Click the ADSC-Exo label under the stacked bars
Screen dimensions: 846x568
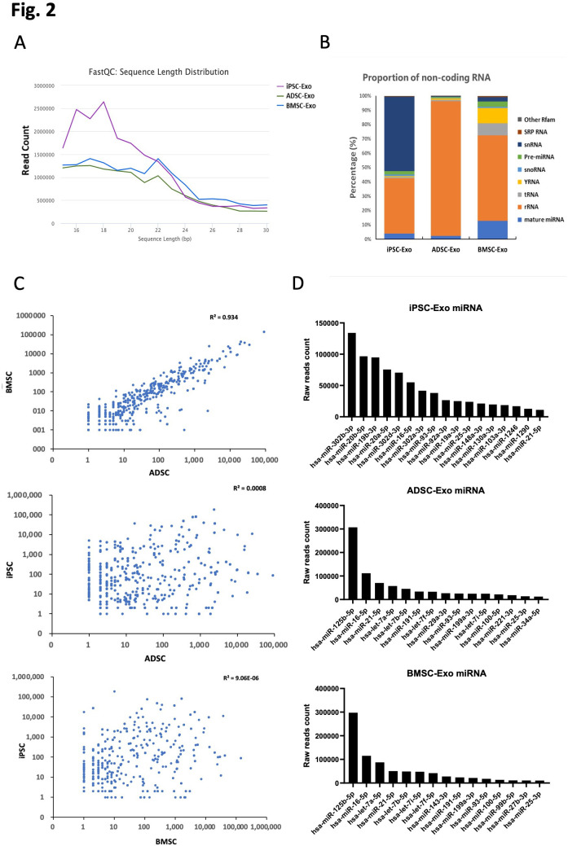[x=443, y=249]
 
